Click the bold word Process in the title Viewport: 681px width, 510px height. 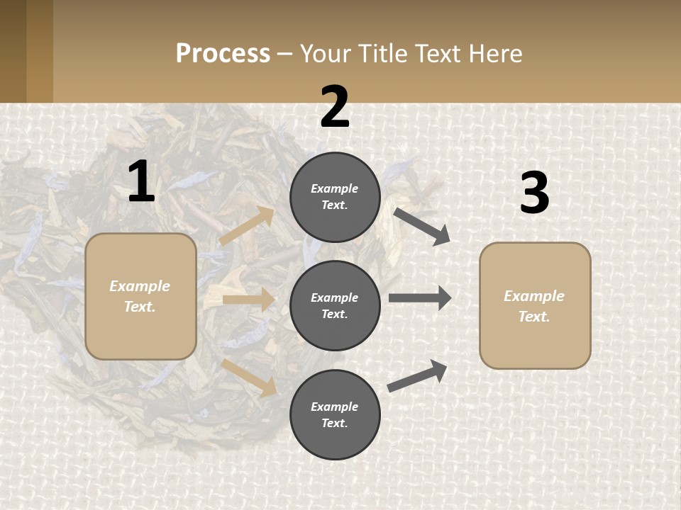click(223, 53)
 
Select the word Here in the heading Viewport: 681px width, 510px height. click(494, 53)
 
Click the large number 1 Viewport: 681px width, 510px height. click(141, 182)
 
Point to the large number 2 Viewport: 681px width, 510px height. click(335, 108)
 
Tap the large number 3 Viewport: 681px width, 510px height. click(534, 193)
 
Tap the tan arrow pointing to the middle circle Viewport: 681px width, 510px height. click(248, 300)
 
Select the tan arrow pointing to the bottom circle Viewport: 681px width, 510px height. click(249, 377)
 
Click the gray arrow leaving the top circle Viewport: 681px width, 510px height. click(422, 226)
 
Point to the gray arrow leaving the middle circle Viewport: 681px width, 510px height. click(420, 298)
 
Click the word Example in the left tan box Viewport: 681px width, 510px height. click(140, 286)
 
